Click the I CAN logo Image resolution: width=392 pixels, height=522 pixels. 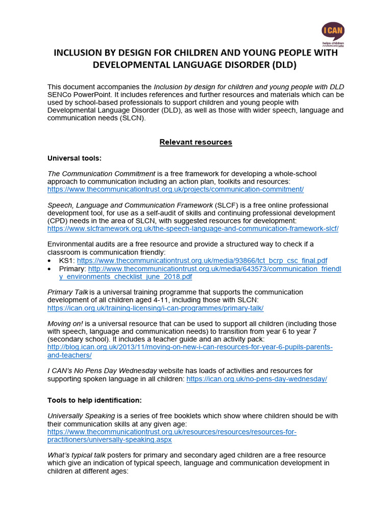pyautogui.click(x=333, y=34)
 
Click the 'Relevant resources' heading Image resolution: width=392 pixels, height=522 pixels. pyautogui.click(x=196, y=142)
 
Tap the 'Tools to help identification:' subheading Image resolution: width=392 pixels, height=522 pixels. pyautogui.click(x=94, y=400)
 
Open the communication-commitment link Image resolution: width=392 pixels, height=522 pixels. pyautogui.click(x=176, y=189)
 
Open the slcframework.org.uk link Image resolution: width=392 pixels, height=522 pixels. pyautogui.click(x=193, y=229)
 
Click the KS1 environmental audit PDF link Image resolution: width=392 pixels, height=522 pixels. pyautogui.click(x=202, y=260)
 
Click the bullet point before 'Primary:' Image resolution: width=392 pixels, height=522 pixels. pyautogui.click(x=51, y=269)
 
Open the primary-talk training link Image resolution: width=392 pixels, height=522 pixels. pyautogui.click(x=155, y=308)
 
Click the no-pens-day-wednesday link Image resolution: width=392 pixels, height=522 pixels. pyautogui.click(x=257, y=379)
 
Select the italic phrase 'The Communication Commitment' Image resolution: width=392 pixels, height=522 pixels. pyautogui.click(x=101, y=174)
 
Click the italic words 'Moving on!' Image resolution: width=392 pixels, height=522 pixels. pyautogui.click(x=65, y=324)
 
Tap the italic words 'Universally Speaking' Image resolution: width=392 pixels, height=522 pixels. pyautogui.click(x=81, y=416)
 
